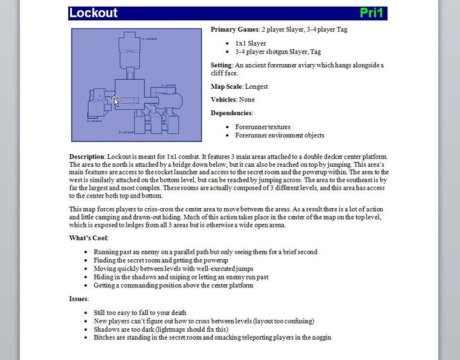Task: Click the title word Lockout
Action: (94, 13)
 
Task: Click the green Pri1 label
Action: (371, 13)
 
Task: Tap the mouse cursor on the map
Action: (115, 100)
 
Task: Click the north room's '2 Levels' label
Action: (149, 38)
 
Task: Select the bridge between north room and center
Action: (131, 65)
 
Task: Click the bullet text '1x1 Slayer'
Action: (251, 43)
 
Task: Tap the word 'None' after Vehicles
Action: (246, 100)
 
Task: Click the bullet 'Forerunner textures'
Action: (263, 127)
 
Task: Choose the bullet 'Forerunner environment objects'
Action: (279, 135)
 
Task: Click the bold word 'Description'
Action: (86, 157)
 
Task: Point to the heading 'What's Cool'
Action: (89, 238)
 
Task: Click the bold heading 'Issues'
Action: (79, 299)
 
